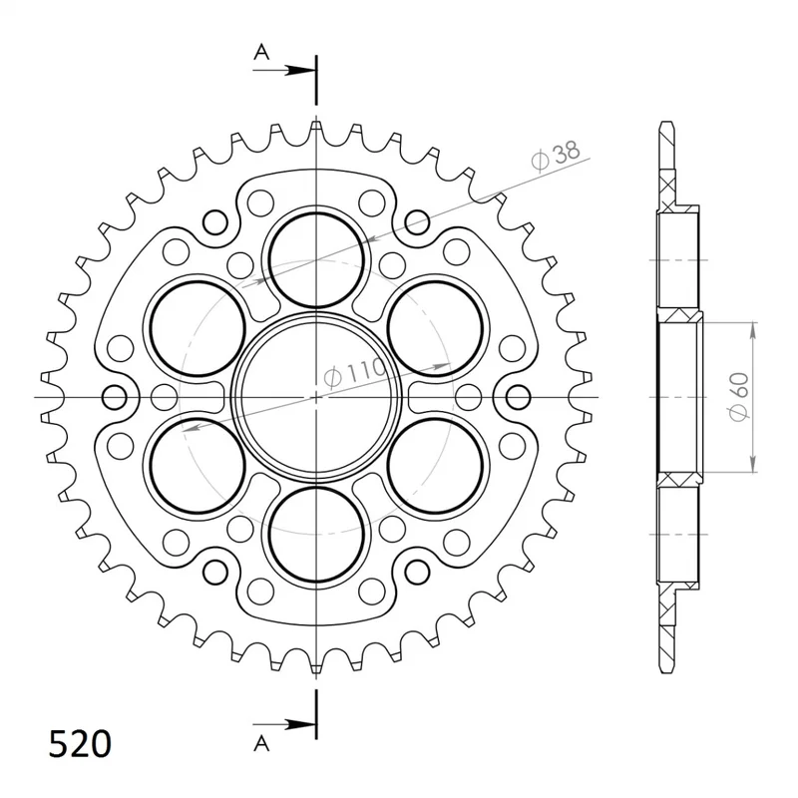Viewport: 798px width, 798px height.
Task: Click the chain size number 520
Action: click(80, 744)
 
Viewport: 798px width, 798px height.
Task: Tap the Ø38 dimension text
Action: click(555, 155)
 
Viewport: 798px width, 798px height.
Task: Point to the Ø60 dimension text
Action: click(739, 397)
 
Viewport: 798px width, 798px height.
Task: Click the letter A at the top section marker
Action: click(261, 52)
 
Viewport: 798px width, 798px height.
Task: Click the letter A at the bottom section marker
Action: click(261, 744)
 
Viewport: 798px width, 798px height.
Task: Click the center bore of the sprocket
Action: click(316, 397)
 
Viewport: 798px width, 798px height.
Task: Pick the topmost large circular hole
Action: click(316, 260)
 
